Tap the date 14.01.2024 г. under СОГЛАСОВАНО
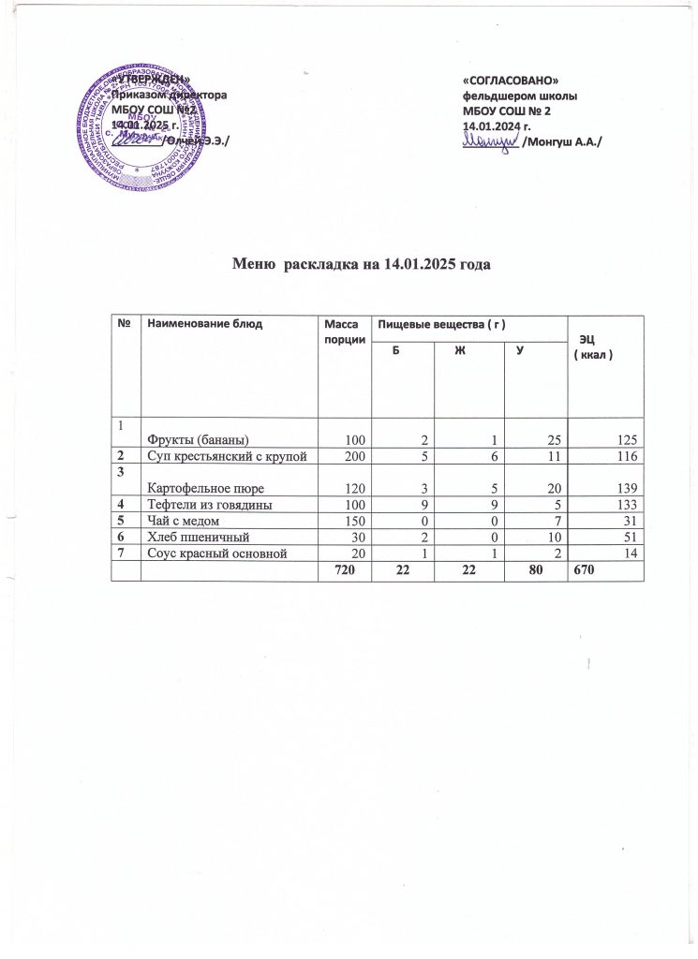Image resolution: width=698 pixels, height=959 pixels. coord(498,125)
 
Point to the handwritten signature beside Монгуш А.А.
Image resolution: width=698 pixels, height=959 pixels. coord(491,140)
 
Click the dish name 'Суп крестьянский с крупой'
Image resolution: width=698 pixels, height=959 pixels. coord(225,455)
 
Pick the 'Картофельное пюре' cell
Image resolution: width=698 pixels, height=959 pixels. coord(202,488)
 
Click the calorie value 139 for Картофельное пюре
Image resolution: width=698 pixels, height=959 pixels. coord(628,488)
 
